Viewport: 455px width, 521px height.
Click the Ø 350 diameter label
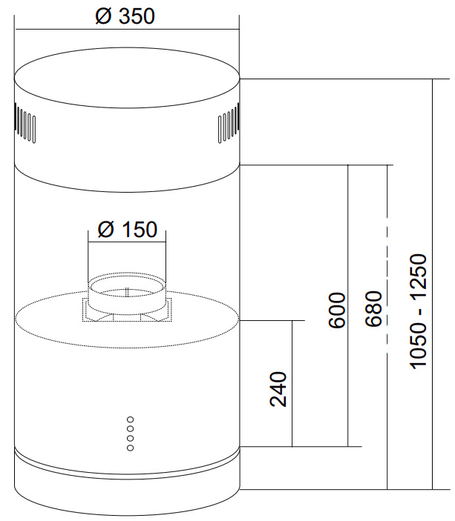tap(125, 16)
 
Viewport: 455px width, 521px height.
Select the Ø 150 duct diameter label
tap(128, 229)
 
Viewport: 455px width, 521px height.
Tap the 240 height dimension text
tap(278, 389)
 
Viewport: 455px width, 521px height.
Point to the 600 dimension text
tap(337, 311)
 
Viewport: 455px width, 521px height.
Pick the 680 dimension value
tap(373, 309)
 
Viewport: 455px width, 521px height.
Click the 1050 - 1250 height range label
tap(418, 311)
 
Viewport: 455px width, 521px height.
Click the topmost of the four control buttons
tap(131, 419)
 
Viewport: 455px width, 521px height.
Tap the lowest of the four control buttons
tap(131, 448)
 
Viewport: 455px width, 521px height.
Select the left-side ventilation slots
tap(25, 123)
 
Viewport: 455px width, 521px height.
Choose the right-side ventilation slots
tap(229, 123)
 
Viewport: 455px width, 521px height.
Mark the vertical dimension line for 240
tap(292, 383)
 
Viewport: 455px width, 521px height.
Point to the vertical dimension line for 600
tap(348, 305)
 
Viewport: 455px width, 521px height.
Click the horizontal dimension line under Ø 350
tap(127, 29)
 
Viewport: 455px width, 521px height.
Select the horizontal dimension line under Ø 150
tap(127, 241)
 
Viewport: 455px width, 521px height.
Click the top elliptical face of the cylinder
tap(127, 77)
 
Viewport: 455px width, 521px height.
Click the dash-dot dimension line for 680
tap(387, 327)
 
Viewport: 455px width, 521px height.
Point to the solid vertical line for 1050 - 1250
tap(433, 284)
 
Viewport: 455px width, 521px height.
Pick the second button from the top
tap(131, 429)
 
